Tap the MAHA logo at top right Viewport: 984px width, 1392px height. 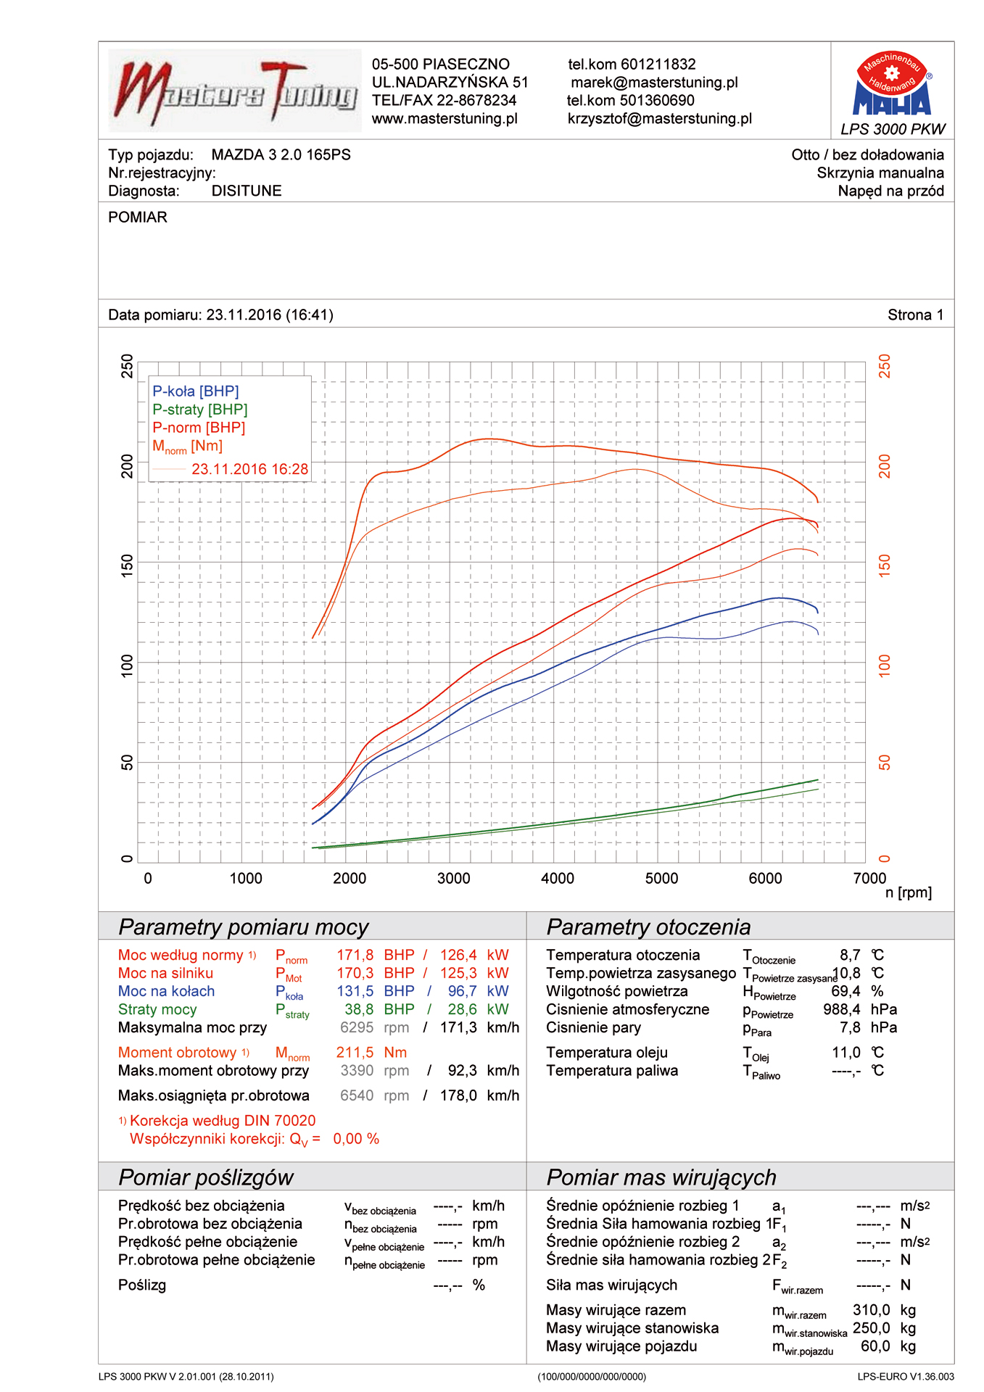[x=892, y=86]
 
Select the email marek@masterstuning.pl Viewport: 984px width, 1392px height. [x=653, y=83]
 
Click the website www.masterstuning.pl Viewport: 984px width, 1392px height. [x=445, y=119]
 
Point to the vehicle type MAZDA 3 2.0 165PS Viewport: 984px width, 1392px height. [x=281, y=155]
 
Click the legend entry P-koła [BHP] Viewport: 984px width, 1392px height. [x=195, y=391]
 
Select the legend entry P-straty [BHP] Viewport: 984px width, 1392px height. [x=199, y=410]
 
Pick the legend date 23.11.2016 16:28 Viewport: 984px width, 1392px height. [x=249, y=469]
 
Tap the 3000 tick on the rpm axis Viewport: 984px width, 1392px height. [x=453, y=879]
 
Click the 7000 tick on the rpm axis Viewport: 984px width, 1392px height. [x=869, y=879]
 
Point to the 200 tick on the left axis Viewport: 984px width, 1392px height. [x=127, y=466]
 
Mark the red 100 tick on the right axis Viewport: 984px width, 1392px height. [x=884, y=666]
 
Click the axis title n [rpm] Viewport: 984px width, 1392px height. [x=908, y=893]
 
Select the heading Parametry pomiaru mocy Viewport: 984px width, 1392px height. [x=244, y=927]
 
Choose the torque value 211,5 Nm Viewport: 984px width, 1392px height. [x=371, y=1053]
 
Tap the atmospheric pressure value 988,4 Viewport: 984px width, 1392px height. [x=841, y=1010]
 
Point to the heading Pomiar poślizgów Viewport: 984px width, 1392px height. [x=206, y=1177]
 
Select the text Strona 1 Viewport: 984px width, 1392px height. [x=915, y=315]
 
